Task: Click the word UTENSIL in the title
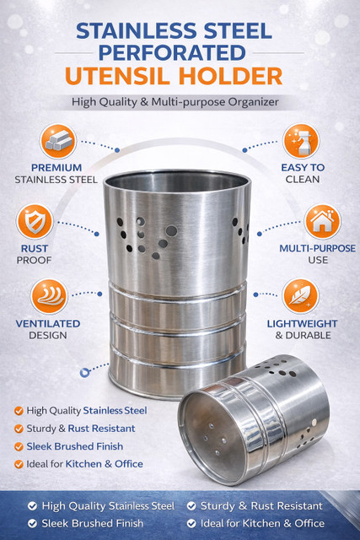(x=117, y=76)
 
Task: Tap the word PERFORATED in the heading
(x=172, y=52)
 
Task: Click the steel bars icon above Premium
(x=58, y=141)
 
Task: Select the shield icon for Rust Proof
(x=35, y=221)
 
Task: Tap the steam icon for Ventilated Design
(x=49, y=296)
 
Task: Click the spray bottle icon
(x=301, y=141)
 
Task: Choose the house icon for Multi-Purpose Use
(x=322, y=222)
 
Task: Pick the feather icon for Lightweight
(x=300, y=296)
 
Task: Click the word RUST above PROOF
(x=35, y=248)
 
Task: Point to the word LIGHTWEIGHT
(x=302, y=324)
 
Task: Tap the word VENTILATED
(x=48, y=324)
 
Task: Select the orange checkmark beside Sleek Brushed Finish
(x=19, y=446)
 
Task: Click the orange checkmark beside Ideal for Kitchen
(x=19, y=464)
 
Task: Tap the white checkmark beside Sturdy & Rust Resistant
(x=191, y=506)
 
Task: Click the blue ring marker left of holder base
(x=84, y=372)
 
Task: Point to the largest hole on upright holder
(x=171, y=230)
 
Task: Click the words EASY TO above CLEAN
(x=303, y=167)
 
